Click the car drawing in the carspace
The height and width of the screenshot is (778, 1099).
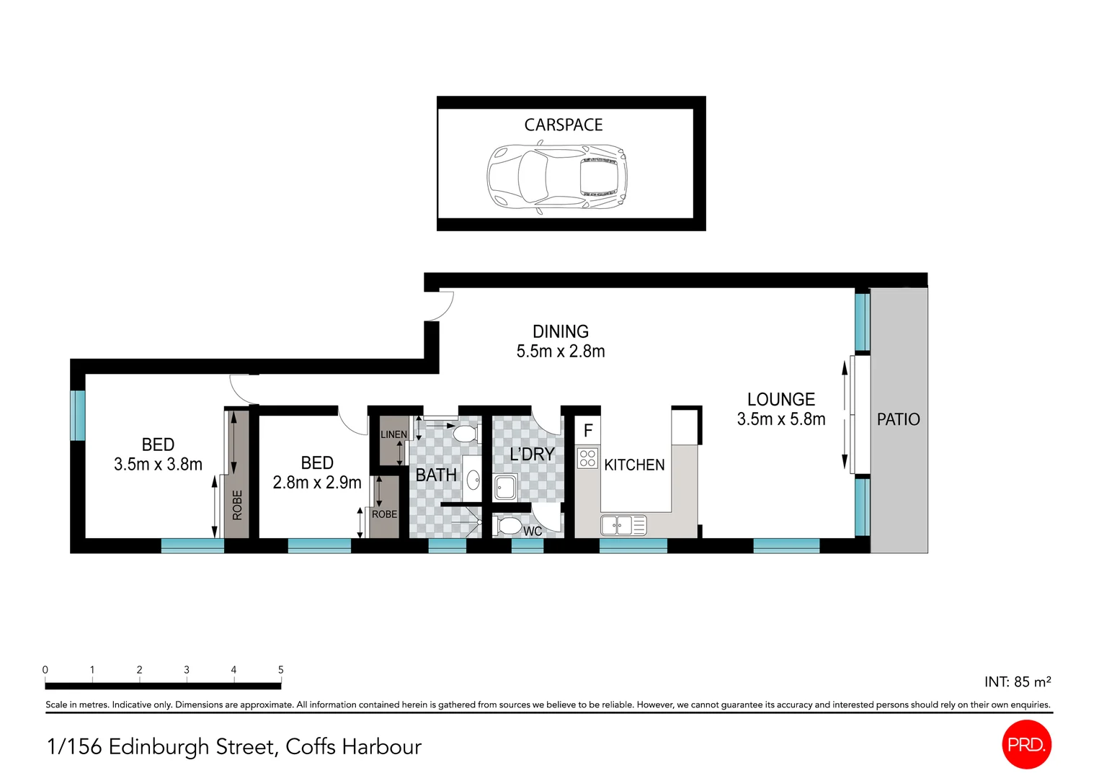(556, 177)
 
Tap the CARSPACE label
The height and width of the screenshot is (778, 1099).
(563, 125)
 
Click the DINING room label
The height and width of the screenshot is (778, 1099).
(560, 332)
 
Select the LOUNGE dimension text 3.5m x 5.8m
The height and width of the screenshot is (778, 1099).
(780, 419)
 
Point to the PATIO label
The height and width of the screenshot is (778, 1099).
(898, 419)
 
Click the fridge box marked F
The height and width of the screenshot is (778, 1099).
(587, 431)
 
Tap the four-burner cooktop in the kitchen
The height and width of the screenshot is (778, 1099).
(587, 458)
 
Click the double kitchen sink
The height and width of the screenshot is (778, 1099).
(623, 525)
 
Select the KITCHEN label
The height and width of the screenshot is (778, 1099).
(634, 465)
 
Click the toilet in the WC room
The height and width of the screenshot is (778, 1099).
(509, 526)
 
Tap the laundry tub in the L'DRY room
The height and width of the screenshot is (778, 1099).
(504, 488)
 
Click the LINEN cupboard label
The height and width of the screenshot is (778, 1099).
(393, 434)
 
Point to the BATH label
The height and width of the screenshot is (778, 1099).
(436, 475)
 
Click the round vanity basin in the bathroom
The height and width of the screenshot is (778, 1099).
(473, 479)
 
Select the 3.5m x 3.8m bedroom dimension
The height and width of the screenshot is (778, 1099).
(158, 465)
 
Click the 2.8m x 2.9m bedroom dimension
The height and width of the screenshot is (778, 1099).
(316, 483)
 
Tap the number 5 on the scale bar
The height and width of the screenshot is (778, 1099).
(280, 670)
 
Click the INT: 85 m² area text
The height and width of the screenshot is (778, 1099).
(1017, 681)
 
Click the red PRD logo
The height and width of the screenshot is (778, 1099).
(1025, 745)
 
